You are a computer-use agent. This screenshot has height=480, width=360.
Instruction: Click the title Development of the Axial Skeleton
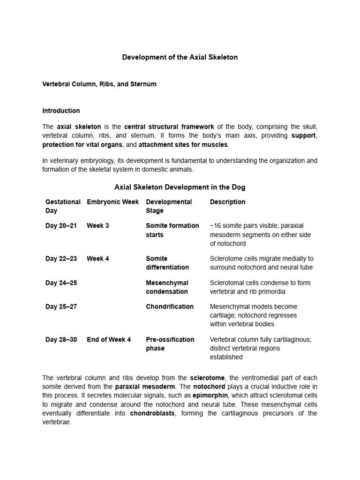click(x=180, y=57)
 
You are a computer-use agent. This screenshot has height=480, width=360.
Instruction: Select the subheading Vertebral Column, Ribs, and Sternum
click(x=99, y=84)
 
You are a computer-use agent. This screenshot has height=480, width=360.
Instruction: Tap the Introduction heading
click(x=61, y=111)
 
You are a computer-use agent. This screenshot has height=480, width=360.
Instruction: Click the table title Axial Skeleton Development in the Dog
click(x=180, y=187)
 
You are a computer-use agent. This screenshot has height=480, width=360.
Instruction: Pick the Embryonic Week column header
click(x=112, y=202)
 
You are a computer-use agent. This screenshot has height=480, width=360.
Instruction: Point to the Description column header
click(x=227, y=202)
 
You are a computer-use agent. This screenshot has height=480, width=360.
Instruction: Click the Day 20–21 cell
click(x=61, y=226)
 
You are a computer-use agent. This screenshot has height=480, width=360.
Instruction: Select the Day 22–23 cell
click(x=61, y=259)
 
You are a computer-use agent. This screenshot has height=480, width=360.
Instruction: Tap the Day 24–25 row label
click(x=61, y=283)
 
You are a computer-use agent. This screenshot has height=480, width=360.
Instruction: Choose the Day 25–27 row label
click(x=61, y=307)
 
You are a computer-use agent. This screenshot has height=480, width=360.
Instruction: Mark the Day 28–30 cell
click(x=61, y=339)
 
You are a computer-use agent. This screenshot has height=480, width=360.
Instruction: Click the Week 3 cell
click(x=98, y=226)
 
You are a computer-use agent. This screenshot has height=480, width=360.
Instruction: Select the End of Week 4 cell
click(x=109, y=339)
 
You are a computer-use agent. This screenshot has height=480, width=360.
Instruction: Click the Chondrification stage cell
click(x=170, y=307)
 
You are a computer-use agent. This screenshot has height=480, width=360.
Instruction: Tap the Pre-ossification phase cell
click(x=169, y=344)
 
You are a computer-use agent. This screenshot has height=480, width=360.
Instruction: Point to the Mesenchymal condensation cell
click(x=167, y=287)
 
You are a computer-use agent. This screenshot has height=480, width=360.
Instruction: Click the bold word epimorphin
click(x=210, y=395)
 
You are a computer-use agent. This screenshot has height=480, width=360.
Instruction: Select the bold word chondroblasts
click(x=152, y=413)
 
